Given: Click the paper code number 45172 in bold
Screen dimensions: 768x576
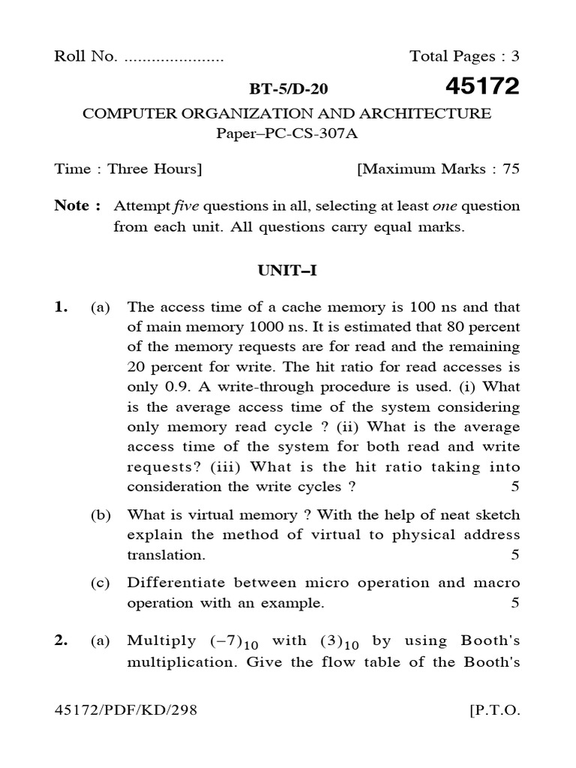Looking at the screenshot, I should click(x=481, y=88).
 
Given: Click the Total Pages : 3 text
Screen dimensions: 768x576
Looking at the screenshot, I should click(x=464, y=57).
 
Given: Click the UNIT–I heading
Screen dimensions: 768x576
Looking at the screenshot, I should click(x=288, y=271).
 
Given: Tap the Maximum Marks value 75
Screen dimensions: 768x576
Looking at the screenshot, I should click(x=511, y=169).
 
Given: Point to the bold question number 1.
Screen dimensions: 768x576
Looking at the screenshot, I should click(x=61, y=307).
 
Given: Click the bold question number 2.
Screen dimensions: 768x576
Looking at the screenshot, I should click(x=61, y=640).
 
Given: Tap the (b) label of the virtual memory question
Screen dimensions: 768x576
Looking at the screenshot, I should click(x=100, y=515).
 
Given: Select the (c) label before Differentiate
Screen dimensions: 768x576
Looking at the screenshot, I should click(x=100, y=583).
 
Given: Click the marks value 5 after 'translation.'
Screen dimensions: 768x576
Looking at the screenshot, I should click(x=514, y=556).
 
